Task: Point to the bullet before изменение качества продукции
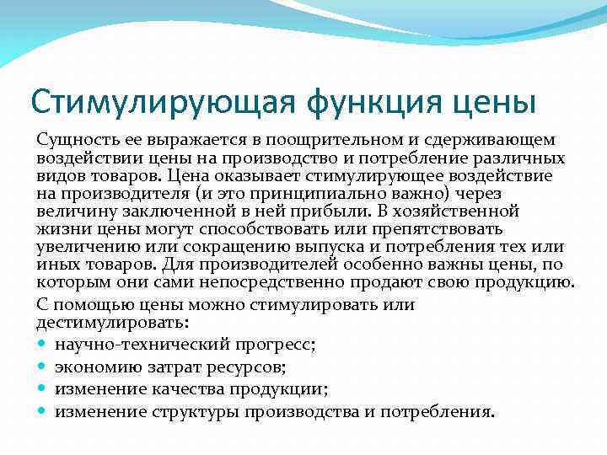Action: [x=43, y=390]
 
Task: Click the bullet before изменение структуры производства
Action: [x=43, y=412]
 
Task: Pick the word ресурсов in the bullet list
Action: [x=251, y=367]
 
